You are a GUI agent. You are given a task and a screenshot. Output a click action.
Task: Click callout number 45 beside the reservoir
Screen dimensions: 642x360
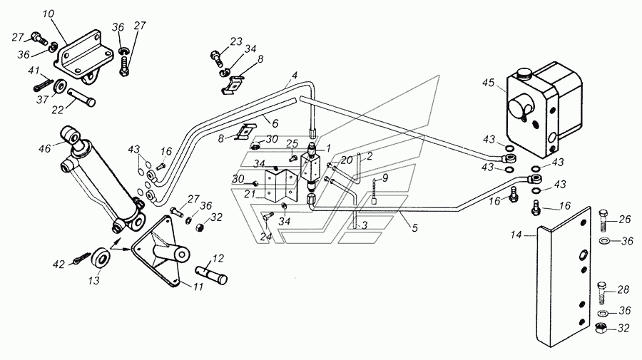coord(489,83)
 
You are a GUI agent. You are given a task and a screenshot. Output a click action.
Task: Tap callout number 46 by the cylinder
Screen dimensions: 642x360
coord(45,148)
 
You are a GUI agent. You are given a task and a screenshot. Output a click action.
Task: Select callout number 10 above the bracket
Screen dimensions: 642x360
coord(48,14)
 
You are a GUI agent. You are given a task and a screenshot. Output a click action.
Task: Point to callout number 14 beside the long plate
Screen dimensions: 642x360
coord(516,235)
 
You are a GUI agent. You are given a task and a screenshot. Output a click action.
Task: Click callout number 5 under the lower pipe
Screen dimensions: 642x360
coord(414,228)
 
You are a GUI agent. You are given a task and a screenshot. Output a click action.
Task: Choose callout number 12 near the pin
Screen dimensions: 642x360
coord(218,258)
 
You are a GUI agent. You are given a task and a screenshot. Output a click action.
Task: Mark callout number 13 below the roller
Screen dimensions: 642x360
coord(94,281)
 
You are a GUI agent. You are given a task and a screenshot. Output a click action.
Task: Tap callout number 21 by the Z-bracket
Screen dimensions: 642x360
coord(250,195)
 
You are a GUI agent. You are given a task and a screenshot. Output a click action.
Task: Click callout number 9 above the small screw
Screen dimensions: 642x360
coord(385,178)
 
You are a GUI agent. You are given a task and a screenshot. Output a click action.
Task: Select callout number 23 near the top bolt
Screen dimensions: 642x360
coord(236,42)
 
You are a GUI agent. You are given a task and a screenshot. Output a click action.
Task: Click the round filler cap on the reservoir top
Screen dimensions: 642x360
coord(524,73)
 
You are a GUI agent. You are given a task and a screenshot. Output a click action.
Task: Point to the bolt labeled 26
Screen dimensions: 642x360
coord(603,220)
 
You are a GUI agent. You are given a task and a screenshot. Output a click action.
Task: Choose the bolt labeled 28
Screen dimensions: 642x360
coord(601,293)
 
